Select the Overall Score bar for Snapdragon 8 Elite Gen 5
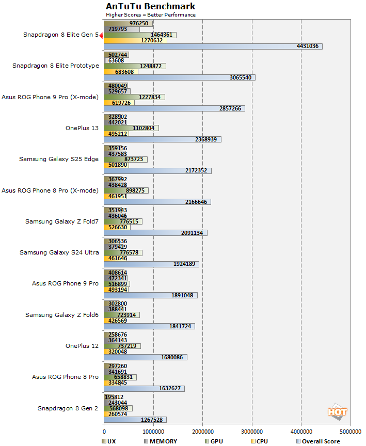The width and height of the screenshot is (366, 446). point(213,46)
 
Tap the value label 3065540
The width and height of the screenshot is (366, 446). point(241,77)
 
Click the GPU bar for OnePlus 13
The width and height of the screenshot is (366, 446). point(132,128)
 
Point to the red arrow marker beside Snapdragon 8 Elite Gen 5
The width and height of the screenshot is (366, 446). point(101,35)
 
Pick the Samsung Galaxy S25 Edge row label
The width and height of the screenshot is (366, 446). point(59,159)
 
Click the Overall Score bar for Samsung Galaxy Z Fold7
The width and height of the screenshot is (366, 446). point(155,233)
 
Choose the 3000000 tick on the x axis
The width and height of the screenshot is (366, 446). point(252,431)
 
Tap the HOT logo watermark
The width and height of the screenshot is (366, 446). point(337,411)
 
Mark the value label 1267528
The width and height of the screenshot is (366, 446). point(154,419)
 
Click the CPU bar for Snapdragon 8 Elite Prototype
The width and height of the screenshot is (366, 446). point(121,72)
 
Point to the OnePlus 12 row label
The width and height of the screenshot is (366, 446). point(82,345)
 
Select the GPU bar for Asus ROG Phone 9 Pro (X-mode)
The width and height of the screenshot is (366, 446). point(135,97)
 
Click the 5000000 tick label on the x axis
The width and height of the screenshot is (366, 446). point(350,431)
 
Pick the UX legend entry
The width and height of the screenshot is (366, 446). point(109,441)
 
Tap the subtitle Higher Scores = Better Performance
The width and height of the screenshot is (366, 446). point(151,15)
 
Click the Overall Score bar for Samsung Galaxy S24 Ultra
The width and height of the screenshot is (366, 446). point(151,264)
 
